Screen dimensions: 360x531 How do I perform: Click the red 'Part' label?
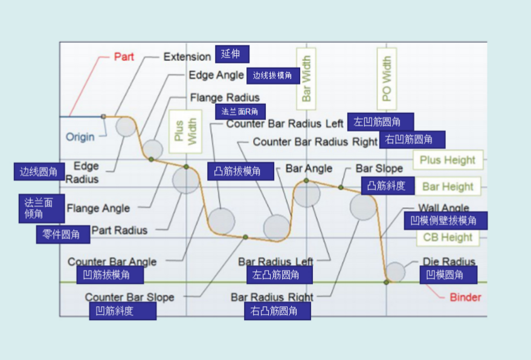click(124, 57)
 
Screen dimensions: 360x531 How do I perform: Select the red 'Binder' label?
click(465, 297)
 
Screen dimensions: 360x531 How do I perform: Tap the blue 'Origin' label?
click(80, 137)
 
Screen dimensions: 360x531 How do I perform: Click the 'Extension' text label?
click(187, 57)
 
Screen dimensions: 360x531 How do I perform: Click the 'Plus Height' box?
click(448, 160)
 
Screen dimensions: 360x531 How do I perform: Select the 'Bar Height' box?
click(448, 187)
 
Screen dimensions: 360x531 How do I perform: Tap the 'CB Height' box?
click(448, 237)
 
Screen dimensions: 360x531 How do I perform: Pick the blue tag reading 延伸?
click(231, 54)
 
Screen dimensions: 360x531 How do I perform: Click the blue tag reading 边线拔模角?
click(272, 76)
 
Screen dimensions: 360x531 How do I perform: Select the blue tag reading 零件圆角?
click(62, 234)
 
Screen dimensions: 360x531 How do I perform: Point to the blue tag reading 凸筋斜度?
click(388, 185)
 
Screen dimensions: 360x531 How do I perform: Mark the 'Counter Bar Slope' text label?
click(129, 297)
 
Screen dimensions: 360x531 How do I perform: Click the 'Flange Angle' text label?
click(98, 208)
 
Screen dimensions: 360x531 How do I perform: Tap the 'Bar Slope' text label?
click(379, 169)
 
